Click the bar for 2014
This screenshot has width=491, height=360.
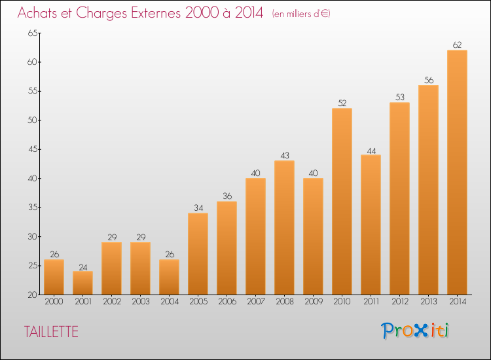point(457,172)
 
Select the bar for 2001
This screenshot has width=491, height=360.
point(82,283)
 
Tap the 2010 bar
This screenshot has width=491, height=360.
point(342,201)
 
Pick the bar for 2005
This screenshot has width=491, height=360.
point(198,253)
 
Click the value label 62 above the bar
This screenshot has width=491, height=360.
point(457,45)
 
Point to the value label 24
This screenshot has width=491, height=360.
point(82,266)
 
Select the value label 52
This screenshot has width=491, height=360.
point(342,103)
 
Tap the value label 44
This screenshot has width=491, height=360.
point(371,150)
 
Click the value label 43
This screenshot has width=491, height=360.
point(284,156)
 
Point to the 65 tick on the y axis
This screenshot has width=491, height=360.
point(31,33)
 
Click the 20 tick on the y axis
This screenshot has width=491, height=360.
point(31,295)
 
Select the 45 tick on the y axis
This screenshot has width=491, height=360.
point(31,150)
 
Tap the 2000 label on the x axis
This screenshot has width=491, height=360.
point(54,302)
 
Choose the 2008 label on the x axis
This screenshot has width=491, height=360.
point(284,302)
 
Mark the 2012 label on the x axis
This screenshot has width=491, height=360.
point(399,302)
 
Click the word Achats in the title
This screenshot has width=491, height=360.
point(39,13)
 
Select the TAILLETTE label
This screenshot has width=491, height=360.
point(51,332)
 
